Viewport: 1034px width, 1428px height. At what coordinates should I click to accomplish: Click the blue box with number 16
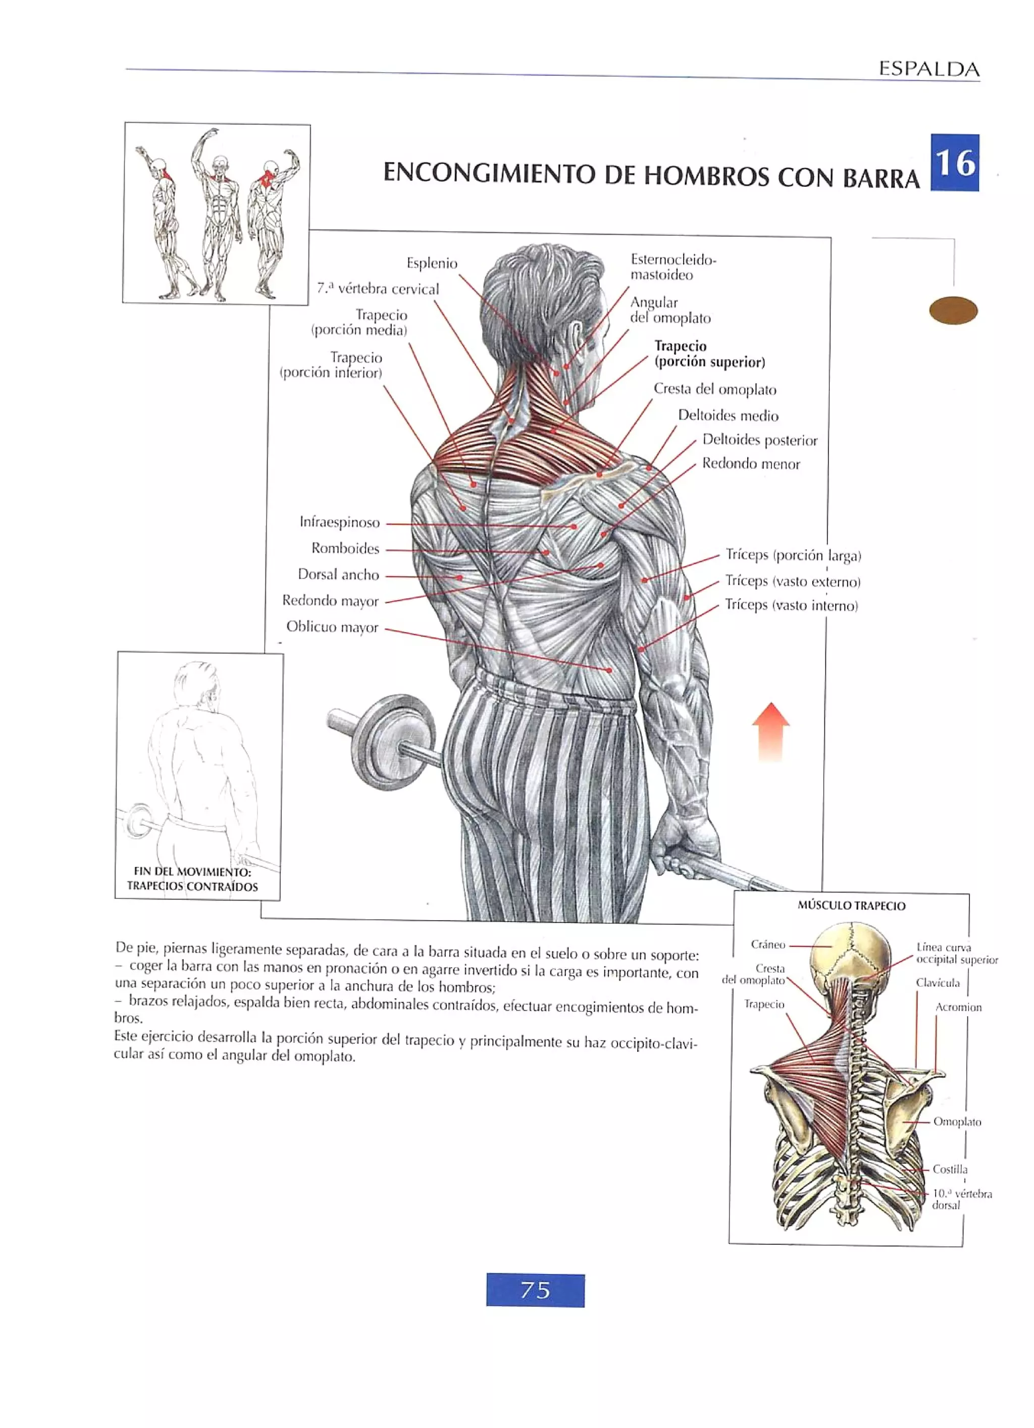[955, 163]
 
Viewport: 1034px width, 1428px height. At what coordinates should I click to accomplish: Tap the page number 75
[535, 1290]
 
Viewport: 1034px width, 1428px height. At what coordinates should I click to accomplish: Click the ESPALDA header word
[929, 69]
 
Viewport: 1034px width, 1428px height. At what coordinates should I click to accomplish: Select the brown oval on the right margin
[953, 310]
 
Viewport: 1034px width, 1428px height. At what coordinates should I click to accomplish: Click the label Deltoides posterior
[759, 440]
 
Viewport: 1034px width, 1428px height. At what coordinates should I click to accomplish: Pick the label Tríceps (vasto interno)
[791, 605]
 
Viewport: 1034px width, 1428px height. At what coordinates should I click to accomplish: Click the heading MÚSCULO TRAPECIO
[851, 906]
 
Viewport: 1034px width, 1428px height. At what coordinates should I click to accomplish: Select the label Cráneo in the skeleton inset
[767, 944]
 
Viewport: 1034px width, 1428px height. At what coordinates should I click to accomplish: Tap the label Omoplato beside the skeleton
[957, 1122]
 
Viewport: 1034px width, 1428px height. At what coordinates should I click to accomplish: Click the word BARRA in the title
[881, 178]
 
